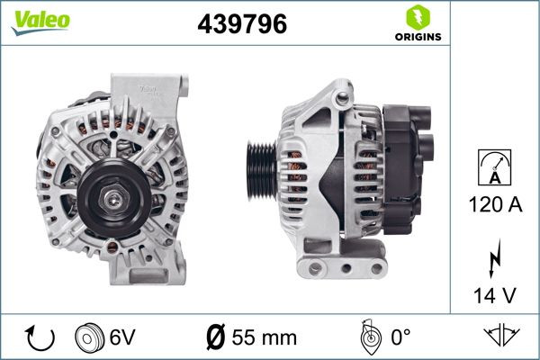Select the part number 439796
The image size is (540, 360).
(241, 25)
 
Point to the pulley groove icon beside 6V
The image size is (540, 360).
(91, 338)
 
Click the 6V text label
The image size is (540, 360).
(123, 338)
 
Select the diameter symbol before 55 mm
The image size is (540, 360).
(216, 338)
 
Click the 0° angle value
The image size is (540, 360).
(400, 338)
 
